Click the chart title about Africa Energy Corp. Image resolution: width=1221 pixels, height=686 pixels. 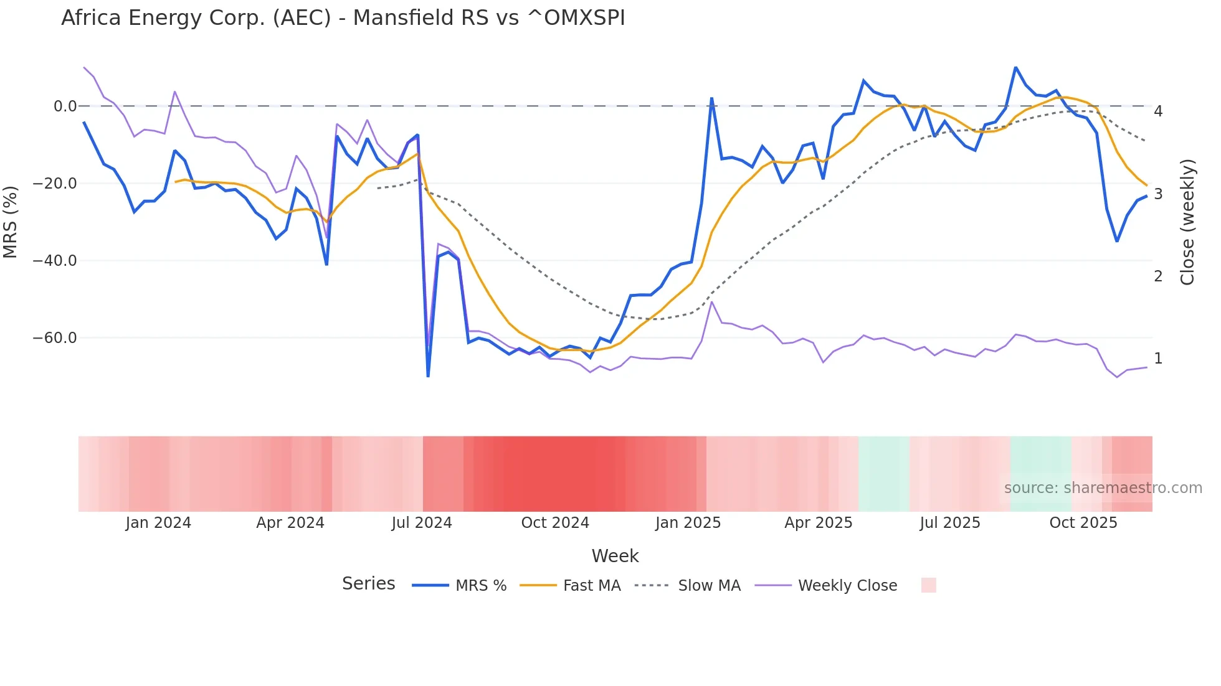tap(343, 18)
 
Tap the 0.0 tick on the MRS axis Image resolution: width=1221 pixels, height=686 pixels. tap(65, 106)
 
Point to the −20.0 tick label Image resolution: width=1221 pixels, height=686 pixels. tap(55, 184)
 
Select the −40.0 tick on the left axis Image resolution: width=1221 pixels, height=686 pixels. tap(55, 261)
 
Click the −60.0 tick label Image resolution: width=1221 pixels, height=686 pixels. tap(55, 338)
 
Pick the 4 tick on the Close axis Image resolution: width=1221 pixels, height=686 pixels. tap(1158, 111)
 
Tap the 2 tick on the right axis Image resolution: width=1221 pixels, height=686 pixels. tap(1158, 276)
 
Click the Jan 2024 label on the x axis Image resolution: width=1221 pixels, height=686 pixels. tap(158, 523)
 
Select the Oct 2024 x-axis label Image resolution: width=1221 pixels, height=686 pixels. tap(555, 523)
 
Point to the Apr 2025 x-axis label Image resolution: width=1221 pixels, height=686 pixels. tap(818, 523)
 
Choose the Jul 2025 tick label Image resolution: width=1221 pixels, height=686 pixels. tap(949, 523)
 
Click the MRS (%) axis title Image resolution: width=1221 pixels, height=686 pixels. tap(11, 222)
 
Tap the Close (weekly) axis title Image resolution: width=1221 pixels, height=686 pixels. tap(1187, 222)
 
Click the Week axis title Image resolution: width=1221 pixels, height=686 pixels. tap(615, 556)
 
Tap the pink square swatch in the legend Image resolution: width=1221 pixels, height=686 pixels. tap(928, 585)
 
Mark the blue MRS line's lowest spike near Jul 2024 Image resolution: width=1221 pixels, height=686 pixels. tap(428, 375)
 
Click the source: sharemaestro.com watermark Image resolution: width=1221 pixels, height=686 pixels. tap(1103, 488)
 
